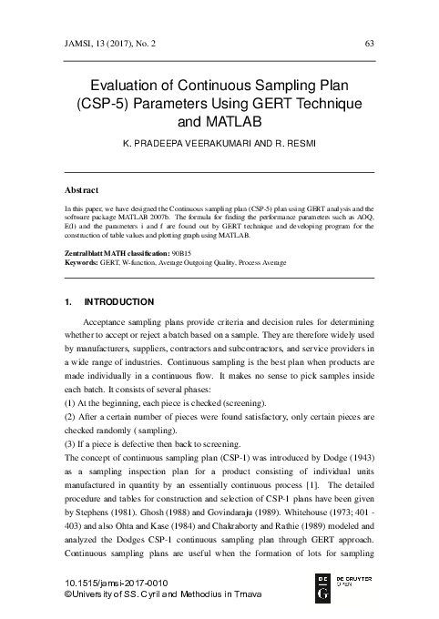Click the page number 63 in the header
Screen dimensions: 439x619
coord(369,43)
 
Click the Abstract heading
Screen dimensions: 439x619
coord(82,191)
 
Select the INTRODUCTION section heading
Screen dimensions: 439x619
coord(118,301)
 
